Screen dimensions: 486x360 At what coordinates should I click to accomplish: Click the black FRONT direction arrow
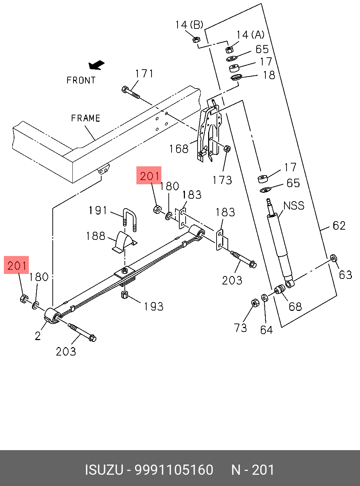96,65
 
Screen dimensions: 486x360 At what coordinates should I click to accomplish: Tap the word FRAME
85,118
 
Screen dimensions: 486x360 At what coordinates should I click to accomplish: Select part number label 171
144,74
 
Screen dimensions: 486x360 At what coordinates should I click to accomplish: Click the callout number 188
96,236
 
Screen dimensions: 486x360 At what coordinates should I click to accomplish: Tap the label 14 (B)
189,25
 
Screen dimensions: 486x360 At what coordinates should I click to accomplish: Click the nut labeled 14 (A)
229,49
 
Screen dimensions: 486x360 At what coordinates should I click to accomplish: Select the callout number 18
269,75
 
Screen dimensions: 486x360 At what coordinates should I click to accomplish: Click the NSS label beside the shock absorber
294,206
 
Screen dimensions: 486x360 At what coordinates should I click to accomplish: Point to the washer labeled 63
333,258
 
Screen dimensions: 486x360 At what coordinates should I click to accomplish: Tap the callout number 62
339,225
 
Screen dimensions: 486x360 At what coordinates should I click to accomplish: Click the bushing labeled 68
279,289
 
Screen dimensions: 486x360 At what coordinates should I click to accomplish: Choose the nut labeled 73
255,303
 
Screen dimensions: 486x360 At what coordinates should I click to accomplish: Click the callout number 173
222,180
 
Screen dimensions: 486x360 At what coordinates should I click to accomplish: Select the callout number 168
179,149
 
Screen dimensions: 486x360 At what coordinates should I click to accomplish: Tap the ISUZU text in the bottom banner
104,470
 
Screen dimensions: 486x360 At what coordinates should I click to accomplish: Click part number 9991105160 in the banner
174,470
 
